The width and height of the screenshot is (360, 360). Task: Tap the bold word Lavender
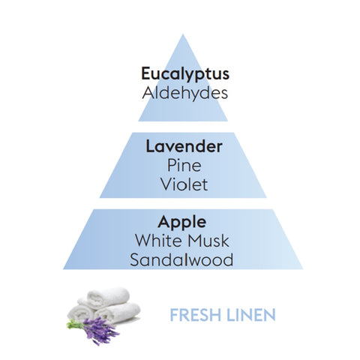[184, 146]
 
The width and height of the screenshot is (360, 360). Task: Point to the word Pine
[184, 165]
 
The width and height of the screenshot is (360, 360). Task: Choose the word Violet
[184, 184]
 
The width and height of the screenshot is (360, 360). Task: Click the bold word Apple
[182, 223]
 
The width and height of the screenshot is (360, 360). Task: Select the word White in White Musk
[159, 241]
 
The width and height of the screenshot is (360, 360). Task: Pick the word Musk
[208, 241]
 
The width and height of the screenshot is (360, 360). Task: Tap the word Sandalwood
[181, 259]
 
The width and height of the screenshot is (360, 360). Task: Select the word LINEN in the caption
[250, 315]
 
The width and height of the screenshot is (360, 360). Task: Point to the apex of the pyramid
[183, 34]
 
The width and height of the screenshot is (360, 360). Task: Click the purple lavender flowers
[101, 330]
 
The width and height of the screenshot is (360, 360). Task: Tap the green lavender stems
[75, 325]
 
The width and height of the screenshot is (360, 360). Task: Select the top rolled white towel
[108, 297]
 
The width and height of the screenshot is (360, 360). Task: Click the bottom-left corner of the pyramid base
[63, 269]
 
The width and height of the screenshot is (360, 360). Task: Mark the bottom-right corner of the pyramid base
[302, 269]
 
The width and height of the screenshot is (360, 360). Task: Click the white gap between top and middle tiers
[183, 127]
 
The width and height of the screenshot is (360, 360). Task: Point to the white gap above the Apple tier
[183, 203]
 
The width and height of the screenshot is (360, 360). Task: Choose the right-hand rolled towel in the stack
[118, 313]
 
